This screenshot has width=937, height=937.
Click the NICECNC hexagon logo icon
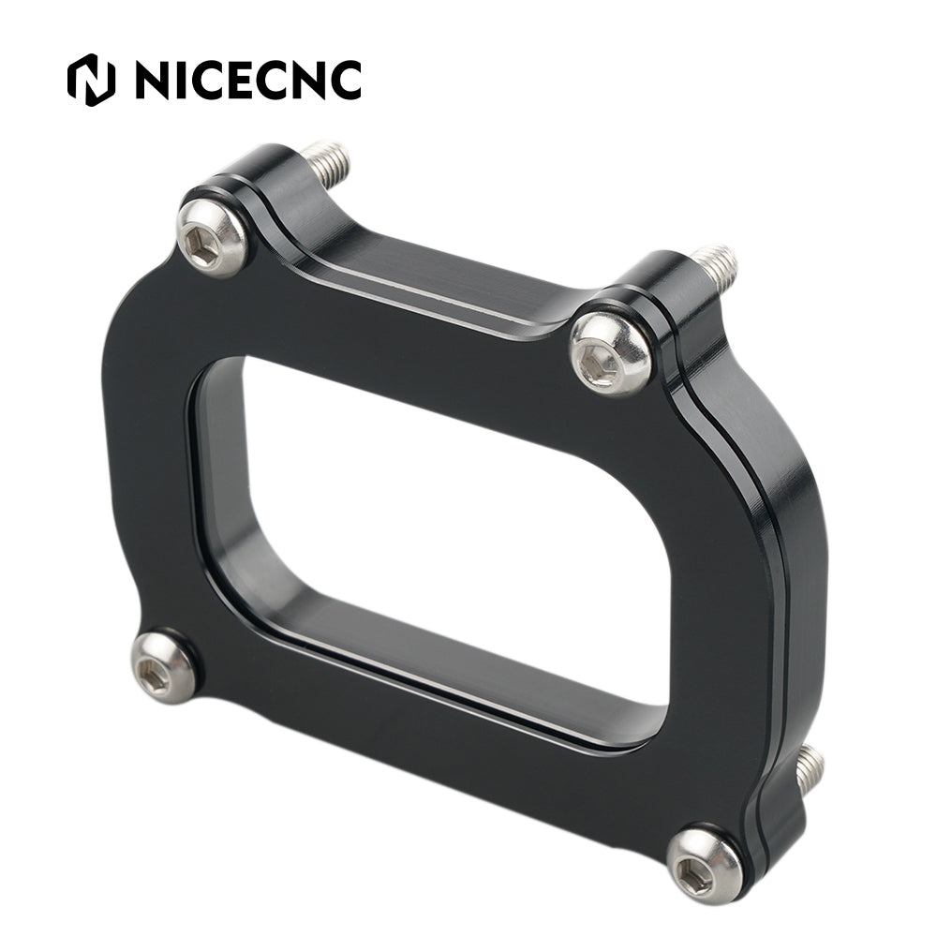click(91, 80)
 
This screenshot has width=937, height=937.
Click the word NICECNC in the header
click(248, 80)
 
